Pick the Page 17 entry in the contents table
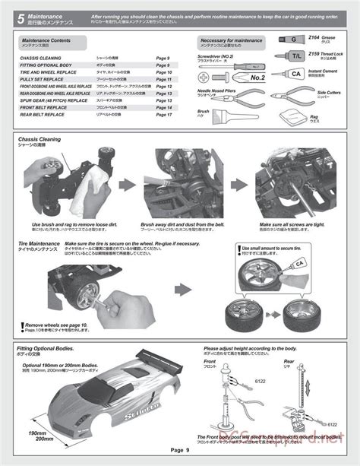coord(164,115)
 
